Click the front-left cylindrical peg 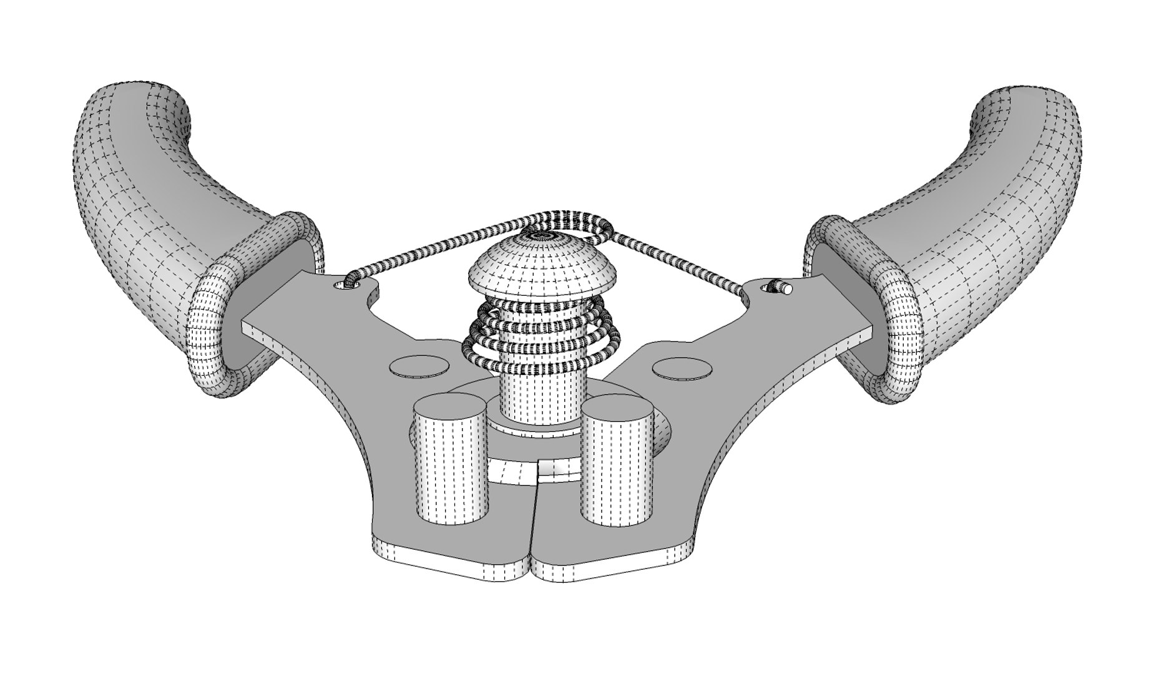[451, 462]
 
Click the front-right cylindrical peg [617, 462]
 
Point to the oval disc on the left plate [418, 366]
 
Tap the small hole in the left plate [342, 286]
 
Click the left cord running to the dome [437, 247]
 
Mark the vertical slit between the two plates [536, 518]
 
